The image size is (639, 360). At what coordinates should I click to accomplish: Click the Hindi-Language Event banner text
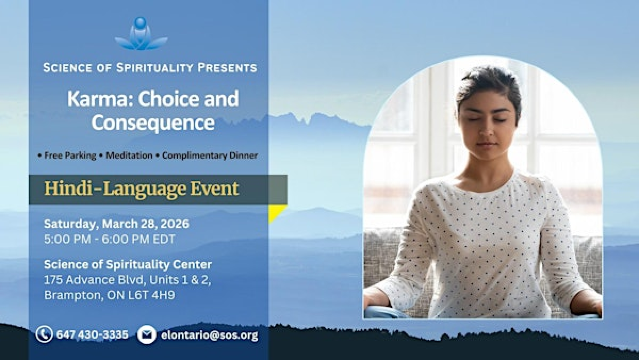(141, 188)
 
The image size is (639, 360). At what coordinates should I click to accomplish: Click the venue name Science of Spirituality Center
(127, 264)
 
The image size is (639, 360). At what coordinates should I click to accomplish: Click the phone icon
(44, 334)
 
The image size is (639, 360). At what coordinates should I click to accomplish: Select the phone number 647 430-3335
(93, 334)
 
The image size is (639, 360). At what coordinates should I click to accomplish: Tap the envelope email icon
(147, 334)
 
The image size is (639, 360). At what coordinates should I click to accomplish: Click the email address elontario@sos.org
(208, 335)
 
